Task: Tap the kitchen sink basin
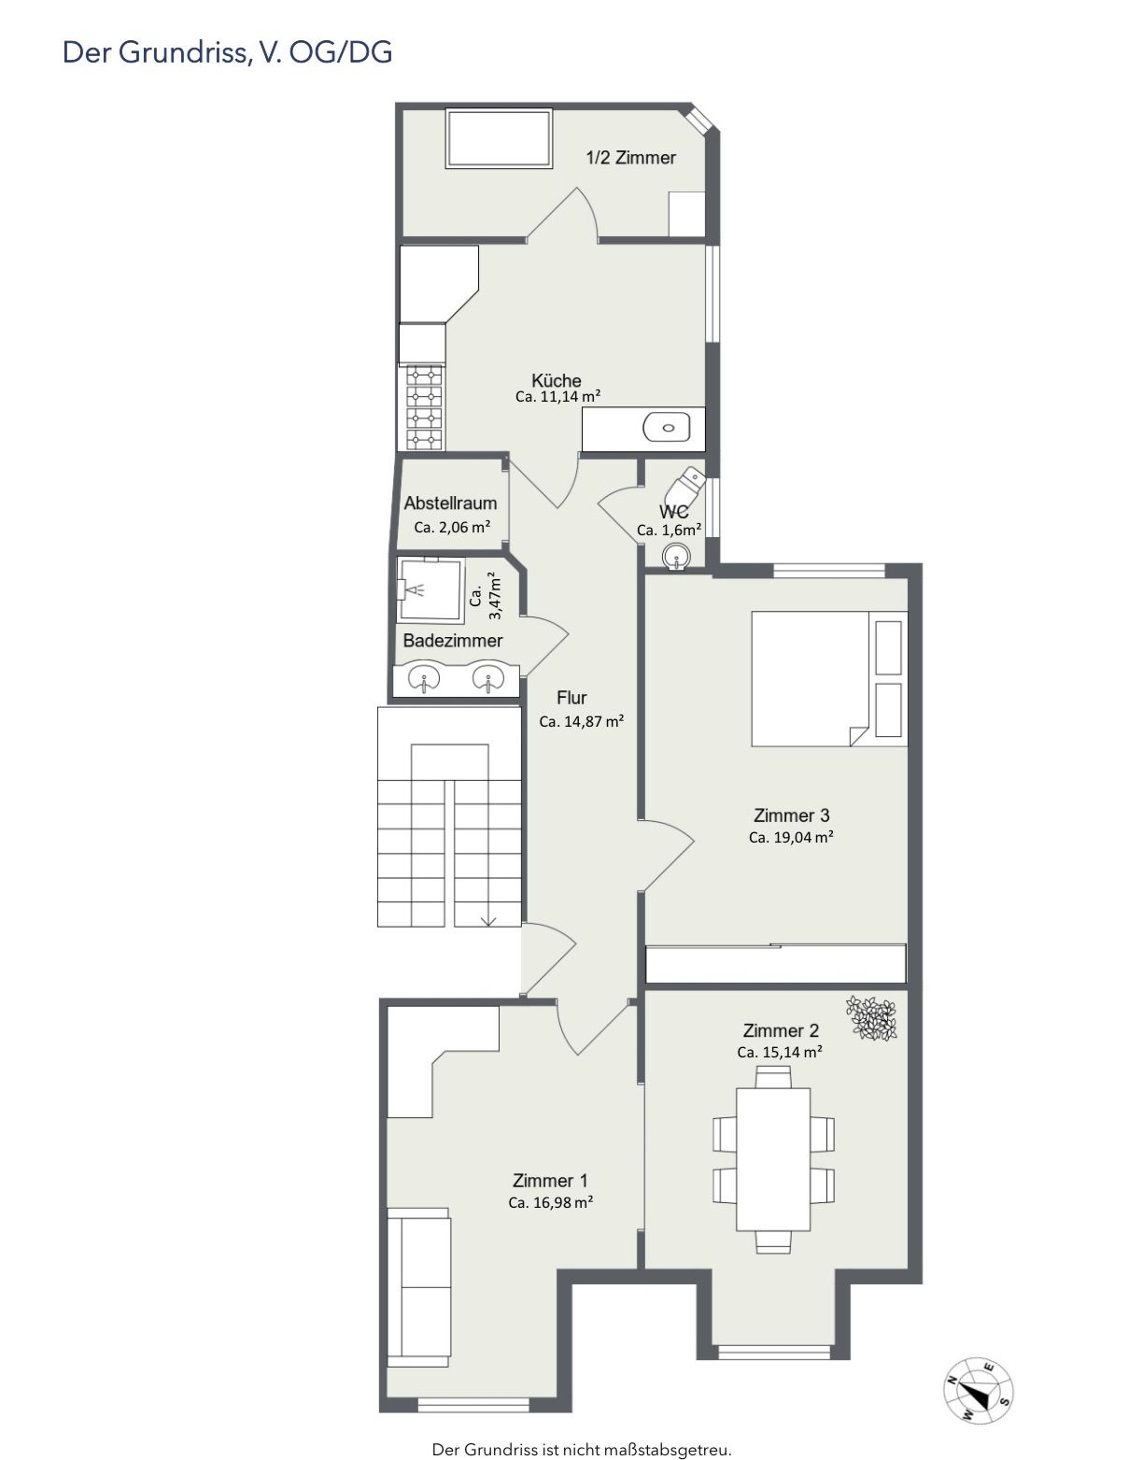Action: (667, 427)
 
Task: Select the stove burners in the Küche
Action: (425, 407)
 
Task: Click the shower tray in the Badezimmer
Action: (430, 588)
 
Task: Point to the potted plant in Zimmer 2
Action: (871, 1018)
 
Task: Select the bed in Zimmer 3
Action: (829, 678)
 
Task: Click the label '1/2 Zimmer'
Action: (630, 158)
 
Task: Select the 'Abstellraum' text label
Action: (450, 503)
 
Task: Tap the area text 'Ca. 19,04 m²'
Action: (791, 837)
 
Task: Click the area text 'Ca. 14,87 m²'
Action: (582, 722)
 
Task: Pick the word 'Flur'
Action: (571, 698)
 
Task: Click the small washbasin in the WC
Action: (674, 557)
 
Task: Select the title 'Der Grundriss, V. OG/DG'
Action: (227, 52)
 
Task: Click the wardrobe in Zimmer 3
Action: (776, 963)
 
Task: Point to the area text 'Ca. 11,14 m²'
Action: (557, 396)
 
